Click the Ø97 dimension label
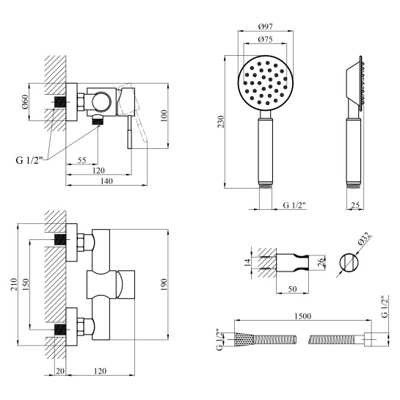tap(265, 26)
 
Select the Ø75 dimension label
tap(265, 40)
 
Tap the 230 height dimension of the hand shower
tap(221, 122)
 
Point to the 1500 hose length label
tap(303, 316)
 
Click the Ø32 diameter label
tap(364, 239)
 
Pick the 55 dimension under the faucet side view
tap(82, 160)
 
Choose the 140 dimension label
tap(106, 181)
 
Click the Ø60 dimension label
tap(25, 102)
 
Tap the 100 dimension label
tap(164, 115)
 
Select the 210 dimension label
tap(14, 284)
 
